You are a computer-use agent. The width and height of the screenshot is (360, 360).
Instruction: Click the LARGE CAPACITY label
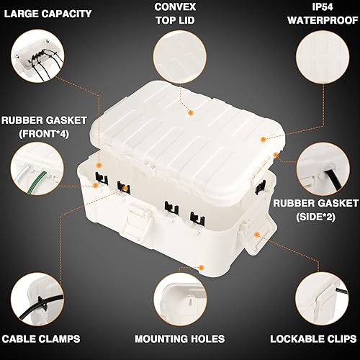tap(47, 14)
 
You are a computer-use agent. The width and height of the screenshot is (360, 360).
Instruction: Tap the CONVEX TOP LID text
tap(180, 14)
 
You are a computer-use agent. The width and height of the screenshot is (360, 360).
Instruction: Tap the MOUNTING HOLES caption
tap(180, 338)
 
